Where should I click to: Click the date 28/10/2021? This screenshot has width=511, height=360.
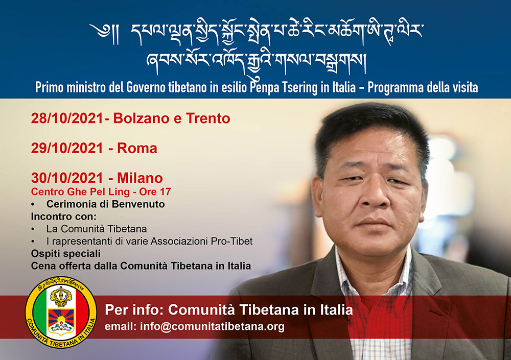coord(67,118)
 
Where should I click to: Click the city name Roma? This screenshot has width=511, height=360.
coord(137,148)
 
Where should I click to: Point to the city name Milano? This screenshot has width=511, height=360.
coord(140,178)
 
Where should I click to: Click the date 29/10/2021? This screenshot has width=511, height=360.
coord(67,148)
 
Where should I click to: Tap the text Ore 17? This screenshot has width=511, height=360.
coord(155,191)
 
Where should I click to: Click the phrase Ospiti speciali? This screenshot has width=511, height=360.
coord(66,253)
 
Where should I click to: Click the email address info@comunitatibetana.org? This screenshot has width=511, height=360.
coord(212,326)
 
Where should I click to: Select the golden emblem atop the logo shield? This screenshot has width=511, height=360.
coord(61,297)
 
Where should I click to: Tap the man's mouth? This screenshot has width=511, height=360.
coord(373,223)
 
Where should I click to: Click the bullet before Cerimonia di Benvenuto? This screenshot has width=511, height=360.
coord(33,204)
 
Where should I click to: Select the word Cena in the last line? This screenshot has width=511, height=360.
coord(43,266)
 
